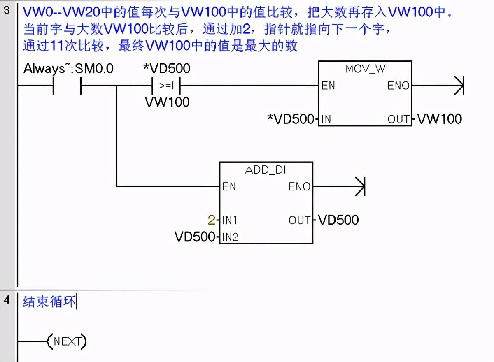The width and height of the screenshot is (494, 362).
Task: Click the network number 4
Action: point(7,300)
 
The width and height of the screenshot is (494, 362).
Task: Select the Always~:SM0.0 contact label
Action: point(68,69)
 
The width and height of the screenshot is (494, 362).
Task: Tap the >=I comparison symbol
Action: point(166,86)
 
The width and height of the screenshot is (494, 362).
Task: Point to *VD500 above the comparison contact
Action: point(166,68)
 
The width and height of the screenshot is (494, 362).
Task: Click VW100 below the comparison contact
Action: point(167,102)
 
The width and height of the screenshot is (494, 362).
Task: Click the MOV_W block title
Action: point(365,69)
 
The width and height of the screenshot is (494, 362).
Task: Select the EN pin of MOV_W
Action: point(328,86)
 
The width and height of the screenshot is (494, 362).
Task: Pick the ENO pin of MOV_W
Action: point(398,86)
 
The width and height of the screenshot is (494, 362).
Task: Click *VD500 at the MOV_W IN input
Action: point(291,119)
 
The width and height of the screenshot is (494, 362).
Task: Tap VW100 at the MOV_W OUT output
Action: point(439,119)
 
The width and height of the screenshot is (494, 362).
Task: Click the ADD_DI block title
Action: point(266,170)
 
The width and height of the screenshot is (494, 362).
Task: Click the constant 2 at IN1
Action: point(211,220)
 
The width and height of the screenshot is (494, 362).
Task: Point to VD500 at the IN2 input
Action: point(195,237)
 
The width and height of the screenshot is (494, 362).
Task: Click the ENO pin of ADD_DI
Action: point(299,187)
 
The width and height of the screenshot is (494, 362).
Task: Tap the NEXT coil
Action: point(67,341)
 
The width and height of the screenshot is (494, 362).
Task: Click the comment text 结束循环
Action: point(50,302)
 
